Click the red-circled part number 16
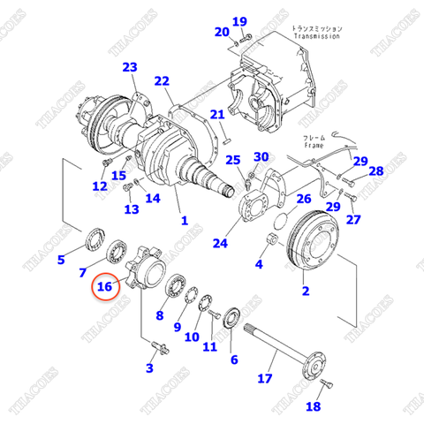point(105,286)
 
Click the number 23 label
point(130,68)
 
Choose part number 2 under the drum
point(306,291)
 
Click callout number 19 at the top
point(239,21)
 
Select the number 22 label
point(161,82)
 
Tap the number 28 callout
point(375,171)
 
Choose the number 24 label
point(219,244)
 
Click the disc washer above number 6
point(235,317)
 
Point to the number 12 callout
point(100,185)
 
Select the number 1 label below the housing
point(184,220)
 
